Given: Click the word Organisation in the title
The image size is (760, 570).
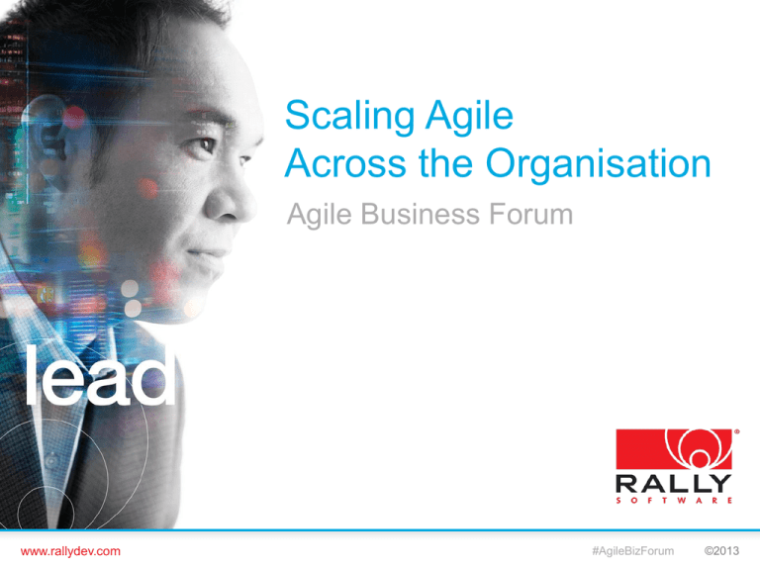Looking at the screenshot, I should coord(600,164).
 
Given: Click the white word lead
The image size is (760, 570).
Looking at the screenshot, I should coord(100,376).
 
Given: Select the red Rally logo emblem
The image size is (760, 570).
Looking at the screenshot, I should coord(675,451).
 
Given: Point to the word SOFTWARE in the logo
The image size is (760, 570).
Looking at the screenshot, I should coord(675,502).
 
